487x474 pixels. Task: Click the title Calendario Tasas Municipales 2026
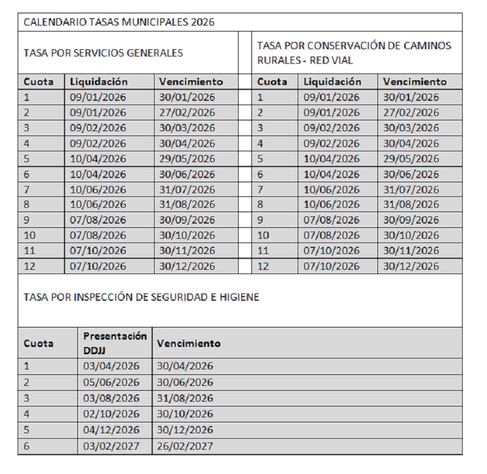pos(119,22)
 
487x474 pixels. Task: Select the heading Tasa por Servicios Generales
pos(103,53)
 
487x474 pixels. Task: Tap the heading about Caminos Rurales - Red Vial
pos(354,53)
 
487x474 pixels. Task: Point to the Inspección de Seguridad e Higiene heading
pos(141,297)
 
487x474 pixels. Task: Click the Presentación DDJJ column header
pos(115,343)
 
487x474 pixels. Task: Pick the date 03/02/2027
pos(111,445)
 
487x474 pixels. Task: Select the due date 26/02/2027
pos(185,445)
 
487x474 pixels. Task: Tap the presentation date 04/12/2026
pos(111,430)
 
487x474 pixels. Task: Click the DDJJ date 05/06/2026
pos(111,382)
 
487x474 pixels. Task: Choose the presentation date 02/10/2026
pos(111,414)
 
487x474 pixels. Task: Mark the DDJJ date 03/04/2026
pos(111,366)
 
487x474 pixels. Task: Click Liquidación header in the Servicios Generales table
pos(99,81)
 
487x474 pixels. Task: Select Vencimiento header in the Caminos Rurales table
pos(415,81)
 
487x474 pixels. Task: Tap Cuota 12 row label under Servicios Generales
pos(30,266)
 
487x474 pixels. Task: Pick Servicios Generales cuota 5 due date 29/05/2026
pos(187,159)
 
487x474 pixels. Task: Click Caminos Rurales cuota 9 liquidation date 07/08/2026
pos(332,220)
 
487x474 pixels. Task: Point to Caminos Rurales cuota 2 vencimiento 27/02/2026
pos(411,112)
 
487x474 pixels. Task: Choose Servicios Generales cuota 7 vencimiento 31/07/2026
pos(187,190)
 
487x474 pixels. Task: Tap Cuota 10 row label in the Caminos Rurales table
pos(264,235)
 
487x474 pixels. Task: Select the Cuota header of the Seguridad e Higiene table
pos(38,343)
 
